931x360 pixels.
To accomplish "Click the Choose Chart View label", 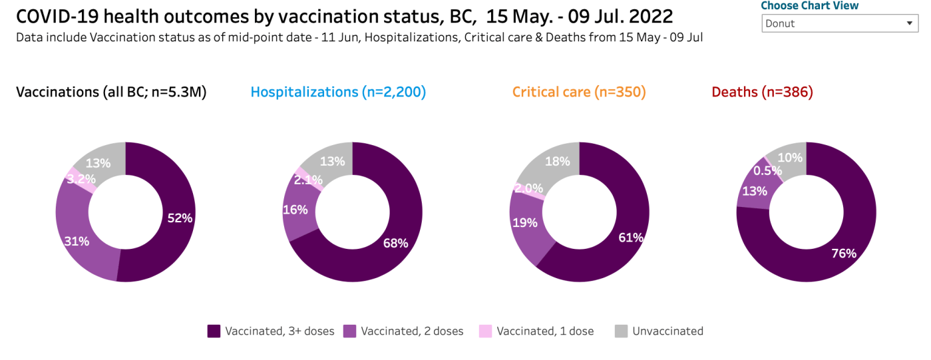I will (810, 6).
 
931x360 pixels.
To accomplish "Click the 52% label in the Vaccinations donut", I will (180, 218).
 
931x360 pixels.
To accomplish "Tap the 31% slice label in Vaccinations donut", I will (77, 241).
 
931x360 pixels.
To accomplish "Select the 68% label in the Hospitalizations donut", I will (395, 243).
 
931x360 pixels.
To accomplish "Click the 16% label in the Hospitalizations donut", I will (295, 210).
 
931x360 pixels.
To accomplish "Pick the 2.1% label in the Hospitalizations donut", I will (309, 179).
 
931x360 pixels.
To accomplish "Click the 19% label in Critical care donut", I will (524, 222).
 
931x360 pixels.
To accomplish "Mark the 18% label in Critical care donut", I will (558, 161).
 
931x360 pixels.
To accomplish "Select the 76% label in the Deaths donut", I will (843, 253).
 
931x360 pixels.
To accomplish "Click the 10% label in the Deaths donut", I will (790, 158).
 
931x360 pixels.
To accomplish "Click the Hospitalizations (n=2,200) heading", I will (338, 92).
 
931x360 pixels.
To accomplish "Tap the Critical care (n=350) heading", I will (579, 92).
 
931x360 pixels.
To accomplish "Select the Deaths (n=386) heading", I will (763, 92).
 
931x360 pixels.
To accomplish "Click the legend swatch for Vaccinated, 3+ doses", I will (214, 331).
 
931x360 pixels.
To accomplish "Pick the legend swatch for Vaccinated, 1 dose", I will (485, 331).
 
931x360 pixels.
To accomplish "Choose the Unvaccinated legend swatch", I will (621, 331).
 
